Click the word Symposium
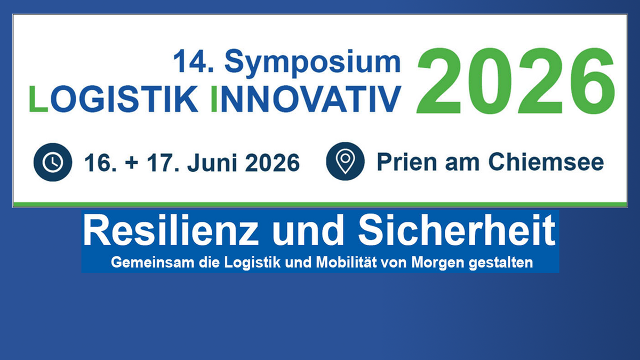(x=313, y=63)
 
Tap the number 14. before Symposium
(x=194, y=61)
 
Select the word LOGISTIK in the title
(x=114, y=99)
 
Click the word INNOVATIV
(x=306, y=99)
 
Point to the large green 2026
(x=516, y=81)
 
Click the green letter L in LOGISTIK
(x=38, y=99)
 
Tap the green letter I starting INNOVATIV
(x=214, y=99)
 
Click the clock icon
(x=53, y=162)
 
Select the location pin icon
(x=345, y=161)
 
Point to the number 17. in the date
(x=163, y=162)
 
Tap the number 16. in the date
(x=101, y=162)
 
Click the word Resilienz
(x=171, y=230)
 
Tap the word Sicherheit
(x=457, y=230)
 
